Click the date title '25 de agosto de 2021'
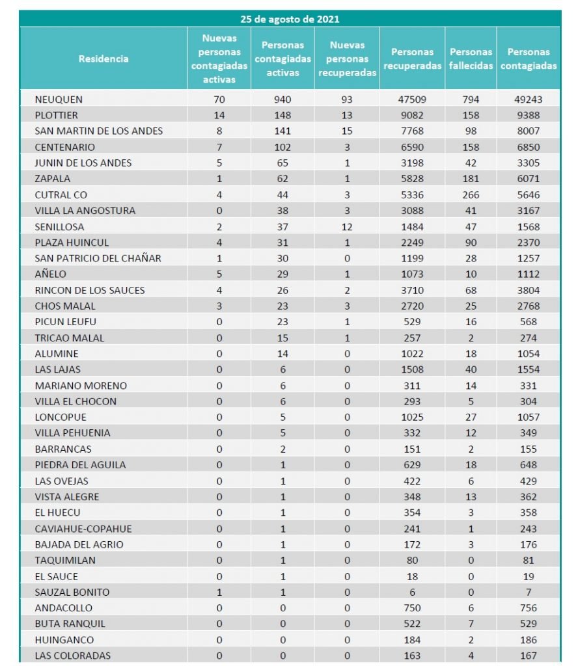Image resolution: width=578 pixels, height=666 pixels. (x=290, y=19)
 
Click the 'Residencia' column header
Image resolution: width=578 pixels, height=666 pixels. (x=103, y=59)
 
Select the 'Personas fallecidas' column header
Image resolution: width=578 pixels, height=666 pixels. (x=471, y=59)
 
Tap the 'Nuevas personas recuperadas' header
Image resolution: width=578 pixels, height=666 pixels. (x=348, y=59)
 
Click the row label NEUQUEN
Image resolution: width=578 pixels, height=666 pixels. (x=59, y=100)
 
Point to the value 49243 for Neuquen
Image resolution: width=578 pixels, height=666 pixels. (x=529, y=100)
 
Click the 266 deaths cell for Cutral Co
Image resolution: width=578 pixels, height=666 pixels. (x=471, y=194)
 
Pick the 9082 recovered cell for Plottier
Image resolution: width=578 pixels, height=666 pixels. (x=412, y=115)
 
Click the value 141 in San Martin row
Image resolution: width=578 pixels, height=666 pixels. (x=282, y=131)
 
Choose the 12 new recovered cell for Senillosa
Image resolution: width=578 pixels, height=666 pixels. (x=348, y=226)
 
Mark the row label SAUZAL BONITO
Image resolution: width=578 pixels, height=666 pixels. (x=72, y=592)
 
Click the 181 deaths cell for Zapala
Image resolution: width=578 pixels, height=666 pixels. (x=471, y=179)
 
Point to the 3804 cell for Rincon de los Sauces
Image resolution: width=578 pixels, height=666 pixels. (x=529, y=290)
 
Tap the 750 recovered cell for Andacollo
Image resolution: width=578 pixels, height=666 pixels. (x=412, y=608)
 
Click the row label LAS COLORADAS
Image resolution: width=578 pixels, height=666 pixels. (x=73, y=656)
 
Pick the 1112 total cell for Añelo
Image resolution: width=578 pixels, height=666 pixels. (x=529, y=274)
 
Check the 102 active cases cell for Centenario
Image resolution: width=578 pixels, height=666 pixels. (x=282, y=147)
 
